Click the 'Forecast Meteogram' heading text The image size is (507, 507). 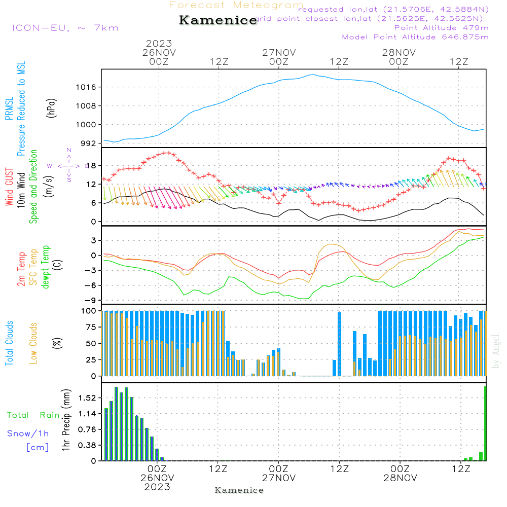[236, 5]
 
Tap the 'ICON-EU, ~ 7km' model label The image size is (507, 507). [65, 27]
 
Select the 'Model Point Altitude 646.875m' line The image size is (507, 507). [415, 37]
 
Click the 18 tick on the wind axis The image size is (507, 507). [92, 166]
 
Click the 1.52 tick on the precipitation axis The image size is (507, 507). [87, 398]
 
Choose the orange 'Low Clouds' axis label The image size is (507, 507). [34, 343]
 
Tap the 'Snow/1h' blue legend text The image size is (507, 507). [28, 433]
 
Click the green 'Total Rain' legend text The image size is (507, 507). [33, 415]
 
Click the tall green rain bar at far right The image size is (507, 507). [485, 424]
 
